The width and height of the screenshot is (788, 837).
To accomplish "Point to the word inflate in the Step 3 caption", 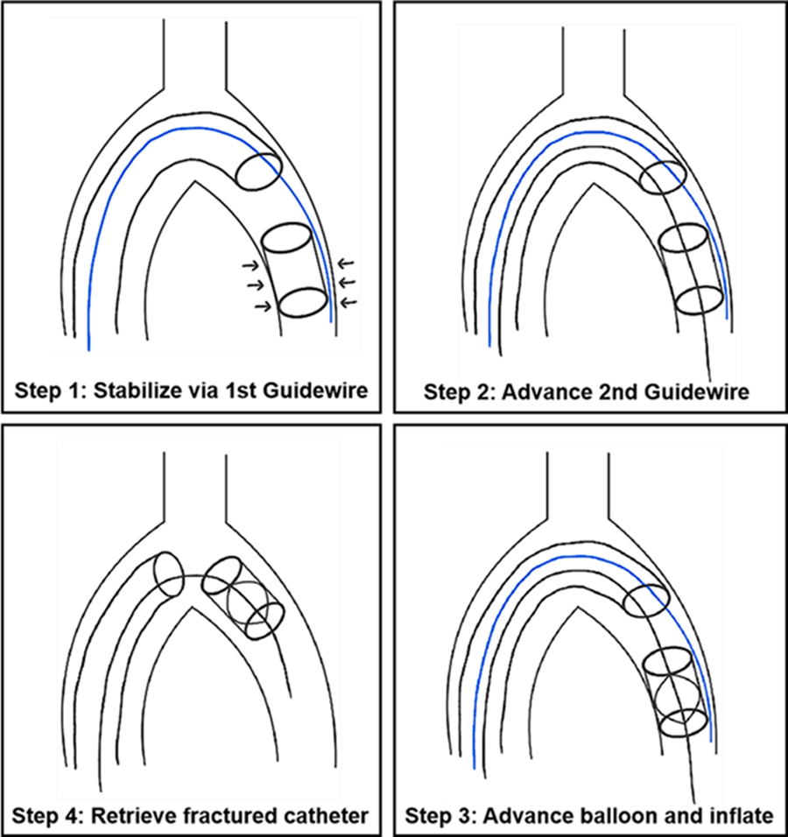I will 743,815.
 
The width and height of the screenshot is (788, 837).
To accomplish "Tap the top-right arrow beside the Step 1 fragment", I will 348,262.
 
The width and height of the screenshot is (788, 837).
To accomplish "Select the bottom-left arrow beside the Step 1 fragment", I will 261,306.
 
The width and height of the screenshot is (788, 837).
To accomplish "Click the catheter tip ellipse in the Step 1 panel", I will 259,170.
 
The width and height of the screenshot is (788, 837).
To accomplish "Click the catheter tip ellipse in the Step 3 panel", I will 646,601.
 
